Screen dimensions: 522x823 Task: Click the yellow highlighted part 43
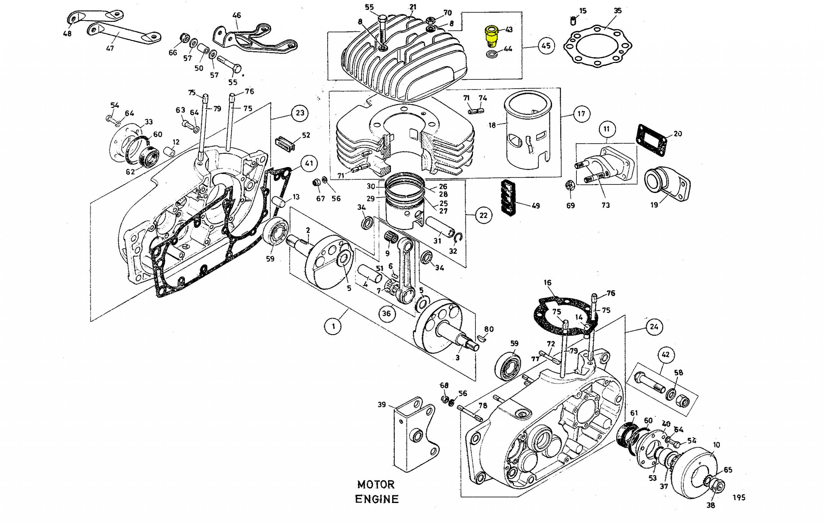[491, 36]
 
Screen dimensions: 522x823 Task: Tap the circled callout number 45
[546, 45]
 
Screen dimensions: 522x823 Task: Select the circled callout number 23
[300, 113]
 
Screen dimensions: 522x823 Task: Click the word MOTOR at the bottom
[376, 484]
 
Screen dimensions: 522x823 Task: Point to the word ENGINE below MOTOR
[377, 499]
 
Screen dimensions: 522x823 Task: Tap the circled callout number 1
[333, 326]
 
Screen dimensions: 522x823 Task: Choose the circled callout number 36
[386, 313]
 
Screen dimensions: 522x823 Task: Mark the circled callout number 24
[654, 327]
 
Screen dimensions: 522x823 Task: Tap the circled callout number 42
[665, 354]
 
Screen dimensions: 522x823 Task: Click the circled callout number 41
[309, 164]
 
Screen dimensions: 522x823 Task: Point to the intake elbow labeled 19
[667, 183]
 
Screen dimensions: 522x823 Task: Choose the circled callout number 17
[581, 113]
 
